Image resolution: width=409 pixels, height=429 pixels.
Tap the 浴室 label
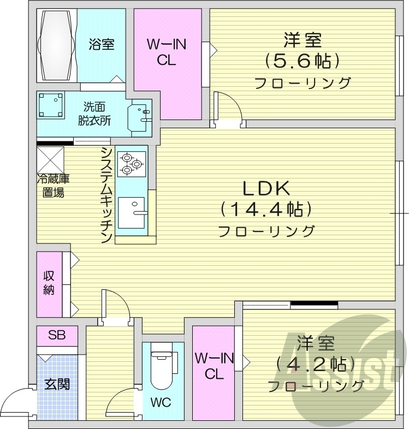102,44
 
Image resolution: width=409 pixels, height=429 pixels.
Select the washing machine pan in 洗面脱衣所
51,105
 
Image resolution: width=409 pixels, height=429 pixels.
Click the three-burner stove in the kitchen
132,162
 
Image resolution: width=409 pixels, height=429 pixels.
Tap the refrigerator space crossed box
51,159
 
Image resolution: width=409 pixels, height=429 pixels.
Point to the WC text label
161,403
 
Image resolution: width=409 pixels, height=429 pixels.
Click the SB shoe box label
57,335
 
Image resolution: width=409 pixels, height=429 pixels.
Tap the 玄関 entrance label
57,384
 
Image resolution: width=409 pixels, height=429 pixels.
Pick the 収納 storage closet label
49,283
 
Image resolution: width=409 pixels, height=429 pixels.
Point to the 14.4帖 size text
266,209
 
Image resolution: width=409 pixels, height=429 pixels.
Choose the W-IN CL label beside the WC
215,366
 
